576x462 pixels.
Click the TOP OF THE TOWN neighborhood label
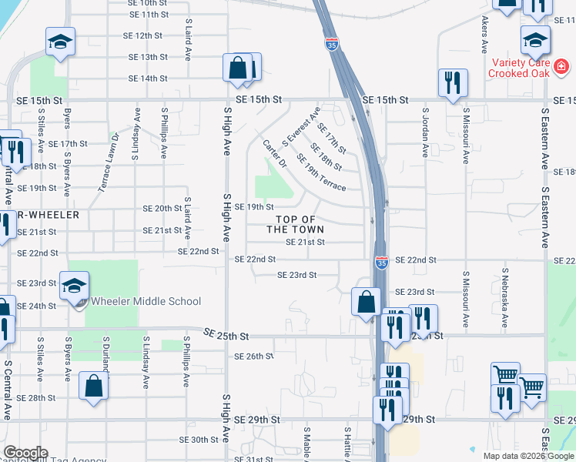[x=295, y=224]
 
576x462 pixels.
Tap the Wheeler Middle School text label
[x=146, y=302]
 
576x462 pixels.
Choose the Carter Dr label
[x=274, y=154]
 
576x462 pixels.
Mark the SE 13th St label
[x=149, y=57]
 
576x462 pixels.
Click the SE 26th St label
[x=253, y=356]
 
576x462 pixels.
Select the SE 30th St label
[x=199, y=440]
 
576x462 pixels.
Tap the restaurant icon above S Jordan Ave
[x=452, y=82]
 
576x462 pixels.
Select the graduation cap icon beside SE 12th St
[x=59, y=42]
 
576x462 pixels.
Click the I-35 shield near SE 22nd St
[x=381, y=263]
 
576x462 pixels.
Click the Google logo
[x=25, y=453]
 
